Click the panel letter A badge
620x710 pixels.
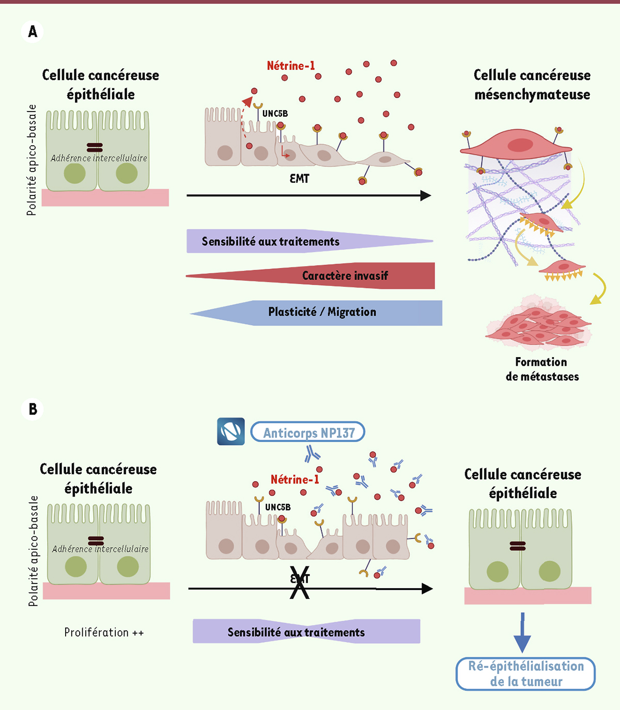[33, 32]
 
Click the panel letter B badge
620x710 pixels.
[33, 409]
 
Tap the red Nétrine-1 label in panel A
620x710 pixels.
[290, 66]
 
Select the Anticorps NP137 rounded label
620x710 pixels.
[308, 433]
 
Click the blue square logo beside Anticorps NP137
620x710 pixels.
[230, 431]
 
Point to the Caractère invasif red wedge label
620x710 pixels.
[345, 275]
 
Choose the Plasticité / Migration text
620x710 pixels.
[322, 312]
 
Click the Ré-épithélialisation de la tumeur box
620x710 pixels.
[525, 674]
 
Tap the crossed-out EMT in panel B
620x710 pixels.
[300, 580]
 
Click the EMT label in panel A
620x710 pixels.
[299, 179]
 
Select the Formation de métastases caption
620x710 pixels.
[541, 369]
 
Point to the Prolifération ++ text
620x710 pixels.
[104, 632]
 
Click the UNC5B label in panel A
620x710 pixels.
[275, 114]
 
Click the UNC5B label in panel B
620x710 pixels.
[277, 507]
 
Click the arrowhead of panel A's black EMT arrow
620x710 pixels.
[426, 195]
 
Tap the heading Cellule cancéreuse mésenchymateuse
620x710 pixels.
[532, 84]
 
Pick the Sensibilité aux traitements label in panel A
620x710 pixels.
[270, 241]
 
